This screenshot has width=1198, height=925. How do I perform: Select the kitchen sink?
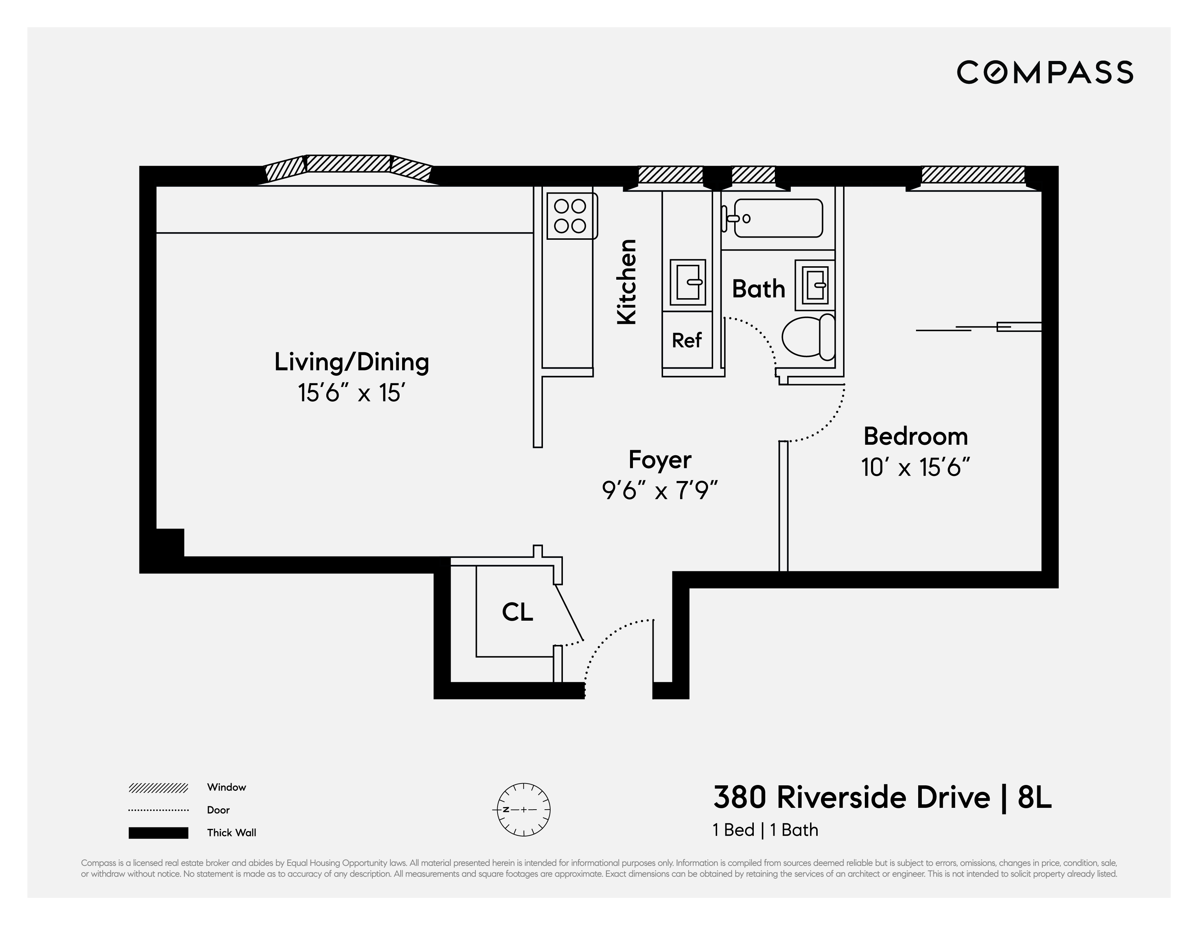pos(687,282)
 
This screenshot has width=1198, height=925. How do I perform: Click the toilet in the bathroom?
pos(807,337)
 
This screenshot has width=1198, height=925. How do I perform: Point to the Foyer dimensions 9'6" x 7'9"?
pos(659,490)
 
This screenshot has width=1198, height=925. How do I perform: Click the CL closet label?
pos(517,612)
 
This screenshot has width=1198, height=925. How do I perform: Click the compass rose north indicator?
pos(506,809)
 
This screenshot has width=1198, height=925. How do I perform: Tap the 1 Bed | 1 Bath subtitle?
pos(765,830)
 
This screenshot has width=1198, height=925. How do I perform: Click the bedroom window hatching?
pos(973,174)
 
